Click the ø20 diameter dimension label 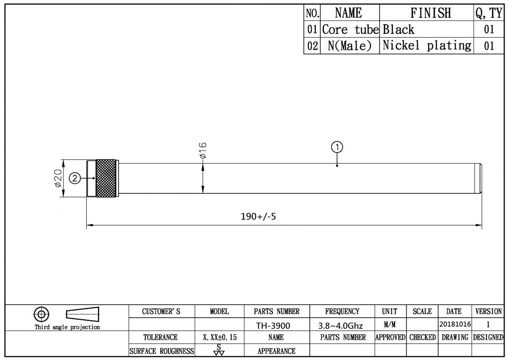click(58, 178)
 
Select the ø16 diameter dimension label click(203, 150)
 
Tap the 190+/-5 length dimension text click(258, 217)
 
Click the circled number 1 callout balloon click(337, 147)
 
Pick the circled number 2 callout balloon click(75, 178)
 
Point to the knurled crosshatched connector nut click(106, 178)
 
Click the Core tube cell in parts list click(350, 29)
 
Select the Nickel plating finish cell click(427, 46)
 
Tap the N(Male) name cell click(350, 46)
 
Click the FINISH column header click(431, 13)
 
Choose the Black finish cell click(398, 29)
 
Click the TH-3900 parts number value click(273, 326)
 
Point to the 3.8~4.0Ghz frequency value click(341, 326)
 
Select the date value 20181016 click(455, 324)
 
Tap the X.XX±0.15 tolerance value click(220, 337)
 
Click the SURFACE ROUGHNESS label click(162, 351)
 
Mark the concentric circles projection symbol click(41, 314)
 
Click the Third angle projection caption click(67, 327)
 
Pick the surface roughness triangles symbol click(219, 350)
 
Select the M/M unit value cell click(389, 324)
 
